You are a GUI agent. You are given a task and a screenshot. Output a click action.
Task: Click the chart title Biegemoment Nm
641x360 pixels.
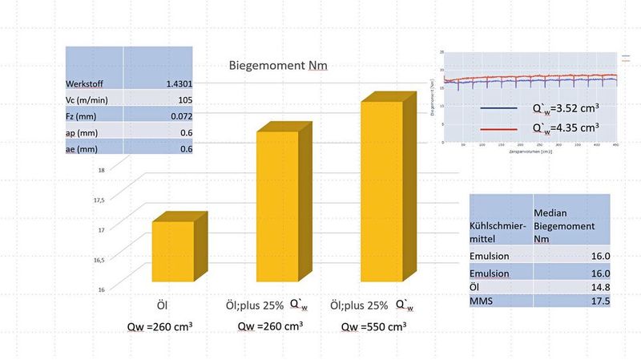pos(279,66)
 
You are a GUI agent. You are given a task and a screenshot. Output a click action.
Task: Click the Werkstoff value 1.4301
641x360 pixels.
pos(177,83)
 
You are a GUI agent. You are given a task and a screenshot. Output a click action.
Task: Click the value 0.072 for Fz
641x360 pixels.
pos(179,116)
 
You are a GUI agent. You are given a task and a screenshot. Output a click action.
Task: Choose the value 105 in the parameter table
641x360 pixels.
pos(183,100)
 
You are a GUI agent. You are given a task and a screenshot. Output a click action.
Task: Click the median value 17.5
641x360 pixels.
pos(600,301)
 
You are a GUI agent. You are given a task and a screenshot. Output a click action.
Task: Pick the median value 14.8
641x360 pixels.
pos(600,286)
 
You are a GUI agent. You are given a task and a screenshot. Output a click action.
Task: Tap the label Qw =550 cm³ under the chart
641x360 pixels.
pos(373,326)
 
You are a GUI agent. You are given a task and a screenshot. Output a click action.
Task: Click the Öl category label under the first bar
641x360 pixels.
pos(160,305)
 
